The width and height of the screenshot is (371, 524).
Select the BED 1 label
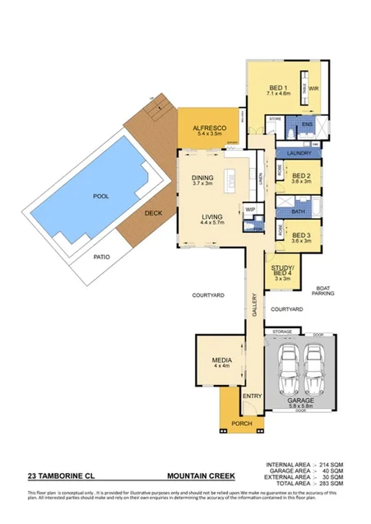point(278,88)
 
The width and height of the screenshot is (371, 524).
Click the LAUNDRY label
point(298,153)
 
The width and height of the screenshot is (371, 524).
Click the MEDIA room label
point(220,360)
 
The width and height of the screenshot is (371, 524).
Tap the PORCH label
point(242,424)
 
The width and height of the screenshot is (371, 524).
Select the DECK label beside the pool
point(154,212)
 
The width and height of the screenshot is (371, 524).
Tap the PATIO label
point(101,256)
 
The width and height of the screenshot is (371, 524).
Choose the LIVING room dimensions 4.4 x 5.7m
point(213,225)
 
